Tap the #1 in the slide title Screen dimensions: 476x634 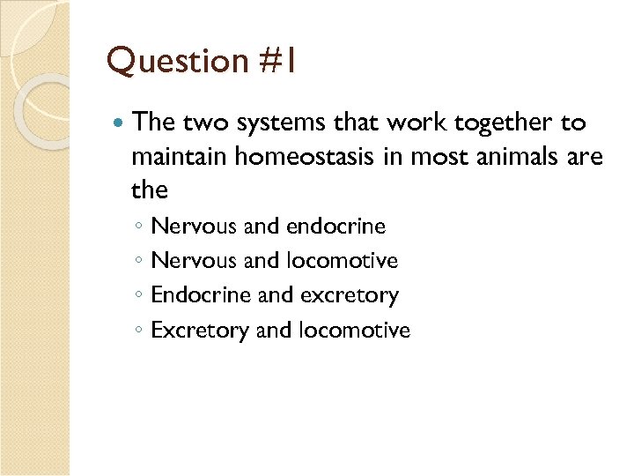coord(277,62)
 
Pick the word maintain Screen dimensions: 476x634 coord(181,158)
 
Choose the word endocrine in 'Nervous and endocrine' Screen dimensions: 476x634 coord(335,227)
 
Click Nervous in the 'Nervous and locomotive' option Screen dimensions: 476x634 coord(194,261)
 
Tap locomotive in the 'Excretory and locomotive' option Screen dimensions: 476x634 coord(355,331)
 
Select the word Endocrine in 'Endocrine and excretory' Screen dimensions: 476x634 coord(202,295)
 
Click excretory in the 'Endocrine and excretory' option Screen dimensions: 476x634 coord(350,295)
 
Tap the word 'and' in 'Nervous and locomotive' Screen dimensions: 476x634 coord(262,261)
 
